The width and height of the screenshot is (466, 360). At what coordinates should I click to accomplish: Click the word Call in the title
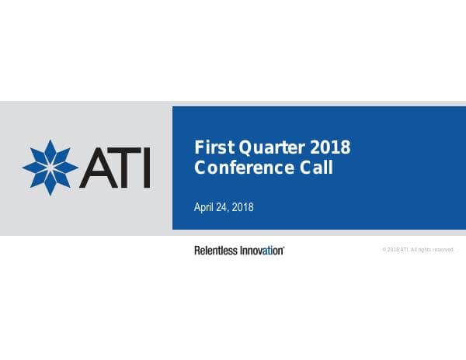coord(316,168)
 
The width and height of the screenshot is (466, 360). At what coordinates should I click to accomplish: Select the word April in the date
coord(203,207)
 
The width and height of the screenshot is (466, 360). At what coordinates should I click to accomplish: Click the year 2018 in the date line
coord(242,207)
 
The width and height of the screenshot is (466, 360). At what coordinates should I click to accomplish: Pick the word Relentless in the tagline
coord(216,251)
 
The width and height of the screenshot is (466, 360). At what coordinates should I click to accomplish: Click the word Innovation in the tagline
coord(262,251)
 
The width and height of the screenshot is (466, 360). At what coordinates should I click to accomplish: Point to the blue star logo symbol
coord(50,168)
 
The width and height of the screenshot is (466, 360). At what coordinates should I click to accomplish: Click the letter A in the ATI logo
coord(98,168)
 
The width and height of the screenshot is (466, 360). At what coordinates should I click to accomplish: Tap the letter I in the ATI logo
coord(147,168)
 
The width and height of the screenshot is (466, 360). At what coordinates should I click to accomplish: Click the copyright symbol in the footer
coord(384,250)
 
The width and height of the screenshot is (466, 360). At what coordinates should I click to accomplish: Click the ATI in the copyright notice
coord(404,250)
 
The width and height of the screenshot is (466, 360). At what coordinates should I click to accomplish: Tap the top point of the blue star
coord(50,140)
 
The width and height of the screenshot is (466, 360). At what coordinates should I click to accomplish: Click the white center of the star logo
coord(50,168)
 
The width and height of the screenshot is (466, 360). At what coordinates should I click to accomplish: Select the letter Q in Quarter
coord(245,148)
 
